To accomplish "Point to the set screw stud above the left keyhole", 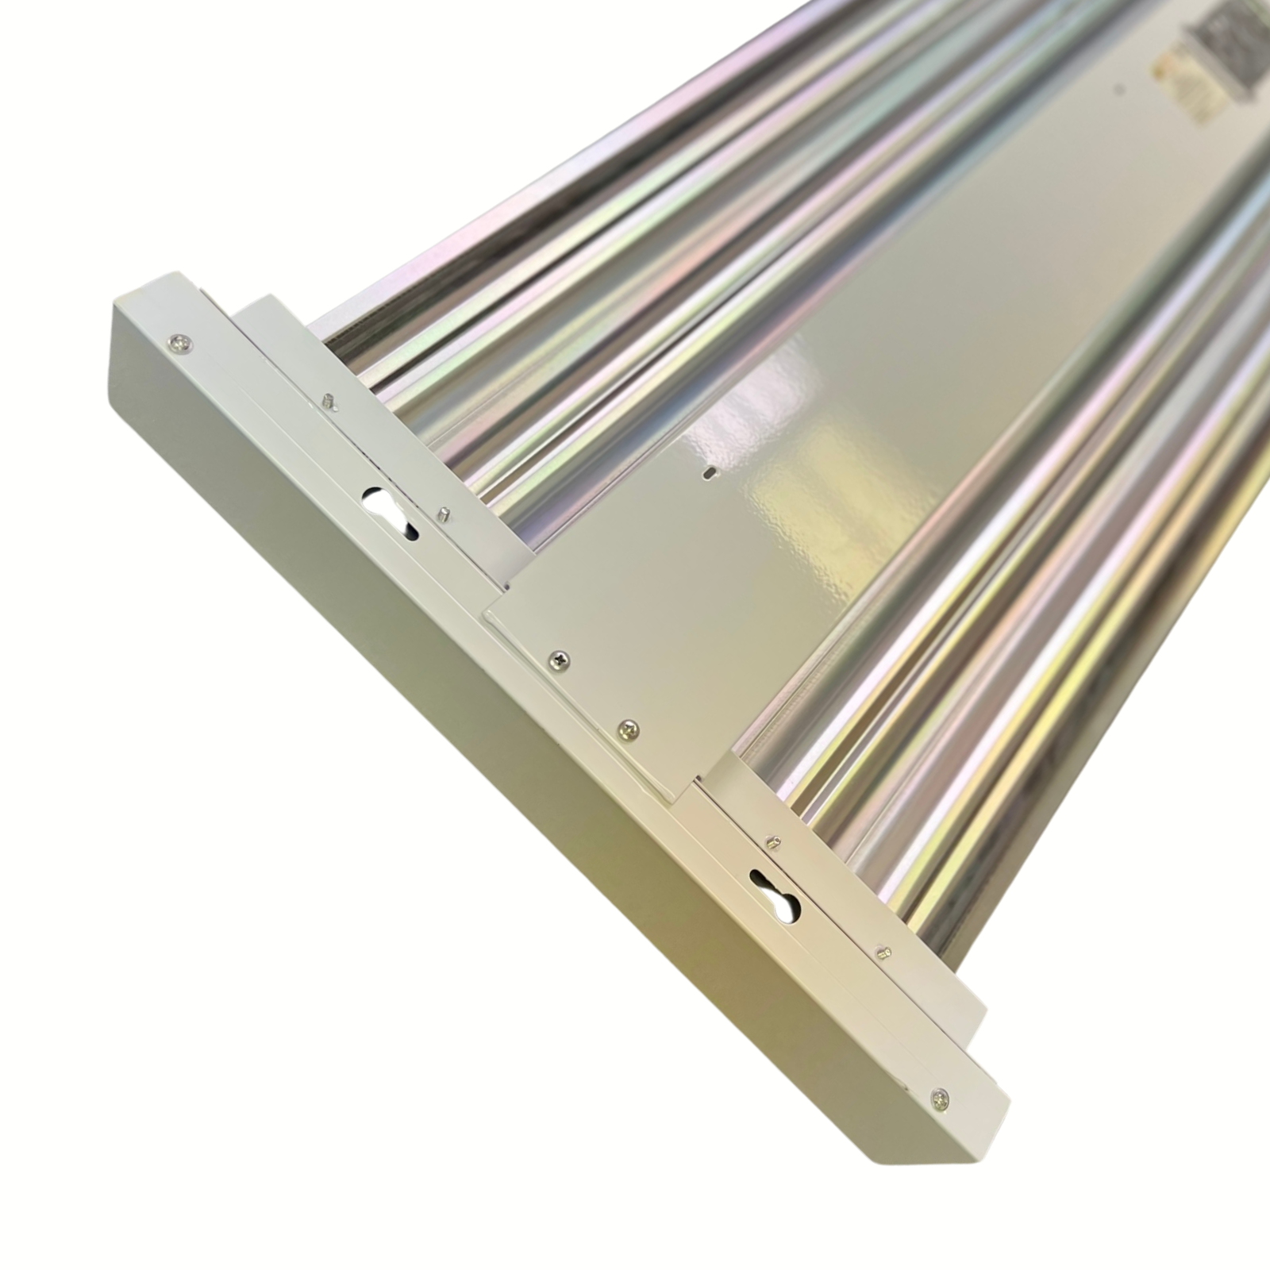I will [x=329, y=402].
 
